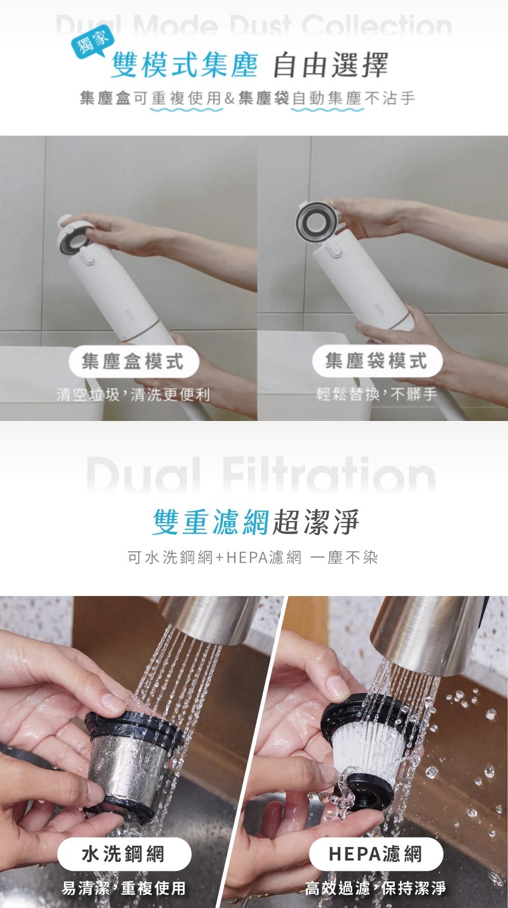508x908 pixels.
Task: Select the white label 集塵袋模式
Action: (376, 362)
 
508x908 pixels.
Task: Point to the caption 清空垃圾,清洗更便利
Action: (133, 394)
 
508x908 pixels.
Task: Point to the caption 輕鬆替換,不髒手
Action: (376, 394)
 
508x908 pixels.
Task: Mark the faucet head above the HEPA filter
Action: (427, 629)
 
